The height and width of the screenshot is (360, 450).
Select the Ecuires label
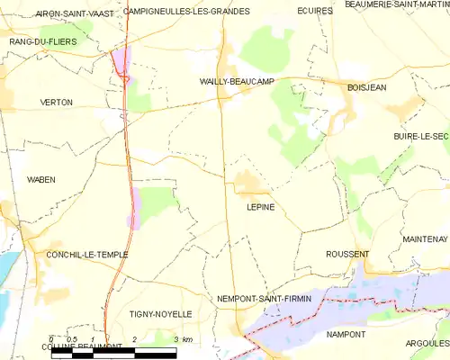click(314, 12)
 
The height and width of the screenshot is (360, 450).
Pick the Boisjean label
click(366, 87)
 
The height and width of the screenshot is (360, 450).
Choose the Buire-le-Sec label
click(419, 136)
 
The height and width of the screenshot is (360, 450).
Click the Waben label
click(40, 180)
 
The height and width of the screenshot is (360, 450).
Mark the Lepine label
click(260, 207)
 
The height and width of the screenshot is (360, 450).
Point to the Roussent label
click(347, 255)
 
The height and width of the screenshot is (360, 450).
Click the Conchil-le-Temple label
click(86, 255)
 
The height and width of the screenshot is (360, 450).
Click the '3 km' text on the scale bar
click(183, 339)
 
